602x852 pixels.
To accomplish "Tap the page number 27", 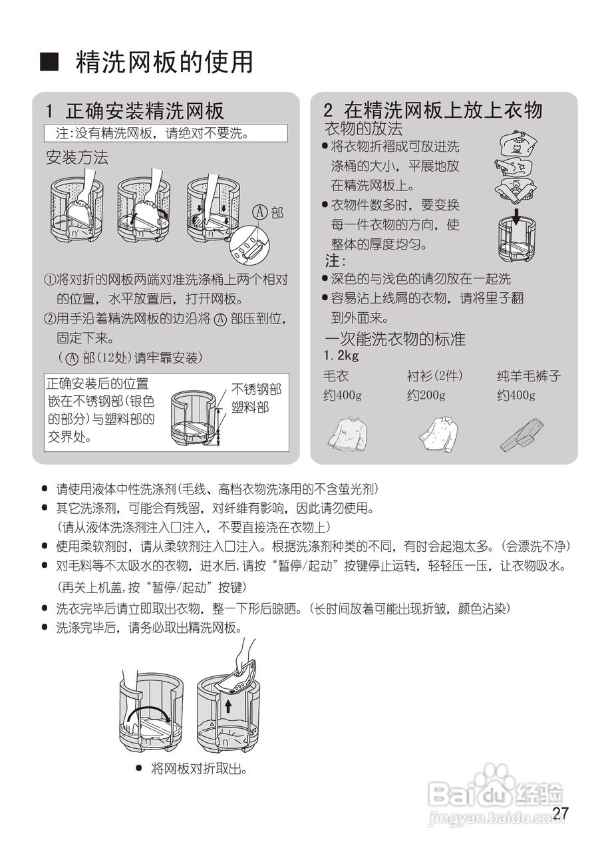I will (x=561, y=813).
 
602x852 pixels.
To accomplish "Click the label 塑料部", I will (x=249, y=407).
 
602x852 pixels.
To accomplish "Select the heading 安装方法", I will (x=76, y=158).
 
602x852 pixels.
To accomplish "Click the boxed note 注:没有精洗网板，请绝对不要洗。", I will (x=166, y=133).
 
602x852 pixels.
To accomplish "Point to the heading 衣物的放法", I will (x=363, y=128).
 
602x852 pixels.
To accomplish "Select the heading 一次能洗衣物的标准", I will (x=394, y=339).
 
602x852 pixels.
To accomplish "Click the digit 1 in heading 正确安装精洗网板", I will (x=49, y=110).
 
